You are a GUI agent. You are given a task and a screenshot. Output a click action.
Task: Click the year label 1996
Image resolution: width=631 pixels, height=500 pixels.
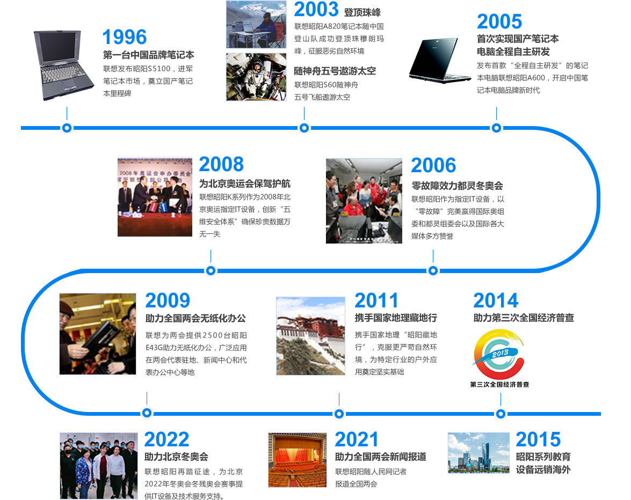pyautogui.click(x=125, y=38)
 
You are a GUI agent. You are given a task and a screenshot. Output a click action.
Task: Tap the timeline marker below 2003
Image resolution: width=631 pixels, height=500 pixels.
pyautogui.click(x=304, y=128)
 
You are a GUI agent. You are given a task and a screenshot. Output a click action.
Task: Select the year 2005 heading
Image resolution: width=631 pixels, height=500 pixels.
pyautogui.click(x=499, y=21)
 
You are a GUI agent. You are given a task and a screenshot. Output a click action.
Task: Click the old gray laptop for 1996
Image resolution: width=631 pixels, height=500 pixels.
pyautogui.click(x=63, y=64)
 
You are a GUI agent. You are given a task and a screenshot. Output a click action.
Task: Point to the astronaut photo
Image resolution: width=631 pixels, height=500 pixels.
pyautogui.click(x=256, y=77)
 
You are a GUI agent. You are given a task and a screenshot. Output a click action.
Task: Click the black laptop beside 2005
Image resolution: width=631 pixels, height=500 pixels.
pyautogui.click(x=439, y=60)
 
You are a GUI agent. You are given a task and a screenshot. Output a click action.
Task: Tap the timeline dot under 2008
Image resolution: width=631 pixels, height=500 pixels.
pyautogui.click(x=211, y=270)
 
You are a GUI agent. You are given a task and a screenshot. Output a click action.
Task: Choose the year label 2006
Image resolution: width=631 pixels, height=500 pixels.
pyautogui.click(x=433, y=165)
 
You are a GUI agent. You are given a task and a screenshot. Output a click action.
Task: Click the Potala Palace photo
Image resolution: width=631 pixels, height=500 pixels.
pyautogui.click(x=310, y=336)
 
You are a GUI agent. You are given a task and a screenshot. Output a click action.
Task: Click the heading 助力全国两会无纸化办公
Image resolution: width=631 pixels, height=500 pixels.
pyautogui.click(x=195, y=318)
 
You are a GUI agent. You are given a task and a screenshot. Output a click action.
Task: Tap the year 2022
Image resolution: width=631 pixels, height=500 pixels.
pyautogui.click(x=166, y=439)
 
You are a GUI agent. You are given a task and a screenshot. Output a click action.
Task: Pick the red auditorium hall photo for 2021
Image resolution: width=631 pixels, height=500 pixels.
pyautogui.click(x=298, y=460)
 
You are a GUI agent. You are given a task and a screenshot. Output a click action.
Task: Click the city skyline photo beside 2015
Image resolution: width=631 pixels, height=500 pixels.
pyautogui.click(x=478, y=453)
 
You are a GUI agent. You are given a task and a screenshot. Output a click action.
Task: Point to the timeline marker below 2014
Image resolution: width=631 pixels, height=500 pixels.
pyautogui.click(x=501, y=414)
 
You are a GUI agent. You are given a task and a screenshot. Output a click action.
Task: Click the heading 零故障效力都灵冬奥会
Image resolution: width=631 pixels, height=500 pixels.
pyautogui.click(x=457, y=186)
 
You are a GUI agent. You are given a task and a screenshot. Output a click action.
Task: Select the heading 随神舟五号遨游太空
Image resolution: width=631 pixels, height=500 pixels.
pyautogui.click(x=335, y=71)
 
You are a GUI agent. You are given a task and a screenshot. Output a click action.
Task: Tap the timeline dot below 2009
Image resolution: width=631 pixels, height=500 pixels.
pyautogui.click(x=147, y=413)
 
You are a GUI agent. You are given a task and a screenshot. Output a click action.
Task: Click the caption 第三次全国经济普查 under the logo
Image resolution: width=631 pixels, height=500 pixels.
pyautogui.click(x=499, y=385)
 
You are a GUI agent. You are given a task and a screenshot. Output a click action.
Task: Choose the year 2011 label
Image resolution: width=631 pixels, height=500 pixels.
pyautogui.click(x=376, y=300)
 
